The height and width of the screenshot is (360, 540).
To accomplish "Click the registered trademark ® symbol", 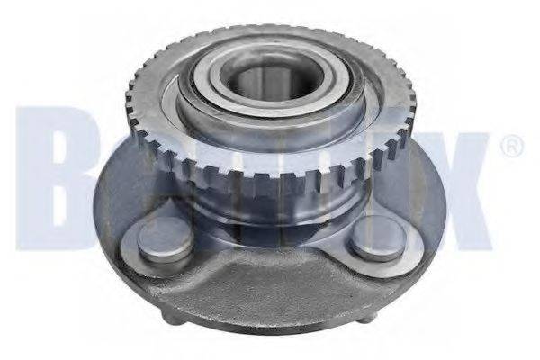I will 509,147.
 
